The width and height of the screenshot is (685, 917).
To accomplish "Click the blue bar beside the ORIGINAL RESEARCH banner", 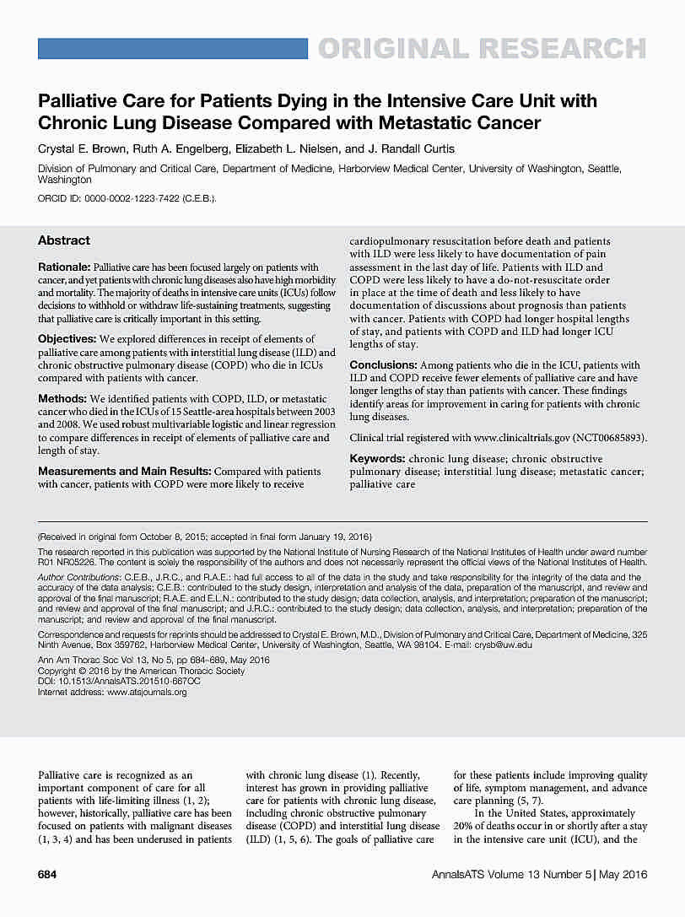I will tap(173, 49).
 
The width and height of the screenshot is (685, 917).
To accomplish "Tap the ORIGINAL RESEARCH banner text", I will tap(481, 49).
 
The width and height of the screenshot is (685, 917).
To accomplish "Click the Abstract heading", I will tap(64, 240).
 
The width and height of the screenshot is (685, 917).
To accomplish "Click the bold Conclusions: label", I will tap(383, 364).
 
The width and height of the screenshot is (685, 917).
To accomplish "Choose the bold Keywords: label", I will tap(377, 459).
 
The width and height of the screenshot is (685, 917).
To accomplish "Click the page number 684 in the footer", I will tap(47, 874).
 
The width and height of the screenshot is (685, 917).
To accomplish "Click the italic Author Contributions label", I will tap(84, 577).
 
